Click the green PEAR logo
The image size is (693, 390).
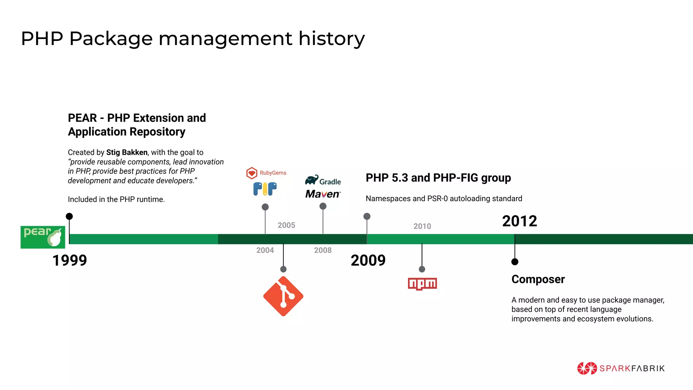click(43, 237)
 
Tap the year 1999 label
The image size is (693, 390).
click(70, 260)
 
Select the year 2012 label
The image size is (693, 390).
click(519, 221)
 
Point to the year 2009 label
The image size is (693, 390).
click(368, 260)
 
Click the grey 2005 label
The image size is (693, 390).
click(286, 225)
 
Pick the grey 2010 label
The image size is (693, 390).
click(422, 226)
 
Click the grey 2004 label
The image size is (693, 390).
click(265, 250)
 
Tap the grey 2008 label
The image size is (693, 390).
click(322, 250)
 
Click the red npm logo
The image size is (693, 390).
click(422, 284)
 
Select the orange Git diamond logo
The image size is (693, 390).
click(283, 296)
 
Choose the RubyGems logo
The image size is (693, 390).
click(266, 173)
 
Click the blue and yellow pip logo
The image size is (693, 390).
click(265, 189)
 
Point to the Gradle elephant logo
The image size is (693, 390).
click(323, 180)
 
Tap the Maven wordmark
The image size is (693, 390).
click(322, 194)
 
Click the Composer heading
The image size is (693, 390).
click(538, 279)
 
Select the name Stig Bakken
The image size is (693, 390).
click(127, 152)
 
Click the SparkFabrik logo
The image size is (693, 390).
click(621, 368)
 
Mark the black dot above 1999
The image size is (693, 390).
click(69, 216)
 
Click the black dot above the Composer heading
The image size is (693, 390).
click(515, 262)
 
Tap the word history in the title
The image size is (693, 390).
click(331, 38)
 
